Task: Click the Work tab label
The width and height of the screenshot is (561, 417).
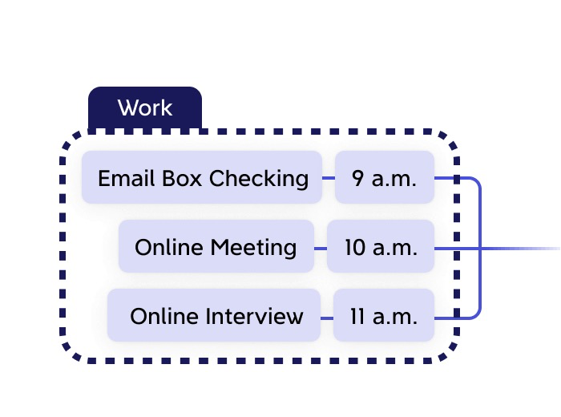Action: (x=144, y=107)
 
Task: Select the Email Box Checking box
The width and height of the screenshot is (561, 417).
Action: (x=202, y=177)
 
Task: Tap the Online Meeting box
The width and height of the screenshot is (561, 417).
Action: (x=216, y=247)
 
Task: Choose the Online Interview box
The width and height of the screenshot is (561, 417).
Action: (x=215, y=316)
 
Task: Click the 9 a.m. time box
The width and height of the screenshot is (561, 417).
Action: (x=384, y=177)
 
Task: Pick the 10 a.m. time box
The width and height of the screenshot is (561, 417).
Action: (x=381, y=247)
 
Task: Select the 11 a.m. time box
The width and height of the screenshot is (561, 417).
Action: (x=383, y=316)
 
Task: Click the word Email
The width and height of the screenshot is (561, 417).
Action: (x=120, y=178)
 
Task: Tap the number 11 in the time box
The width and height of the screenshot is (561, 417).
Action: (x=357, y=316)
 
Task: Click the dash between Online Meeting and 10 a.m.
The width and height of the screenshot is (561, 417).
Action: (x=321, y=248)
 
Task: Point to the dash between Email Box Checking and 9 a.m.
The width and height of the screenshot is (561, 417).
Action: (x=328, y=178)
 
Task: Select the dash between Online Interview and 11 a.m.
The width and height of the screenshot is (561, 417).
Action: (x=327, y=318)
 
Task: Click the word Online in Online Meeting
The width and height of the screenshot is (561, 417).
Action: (x=167, y=247)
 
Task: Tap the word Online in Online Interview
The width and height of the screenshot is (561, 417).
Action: (x=162, y=316)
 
